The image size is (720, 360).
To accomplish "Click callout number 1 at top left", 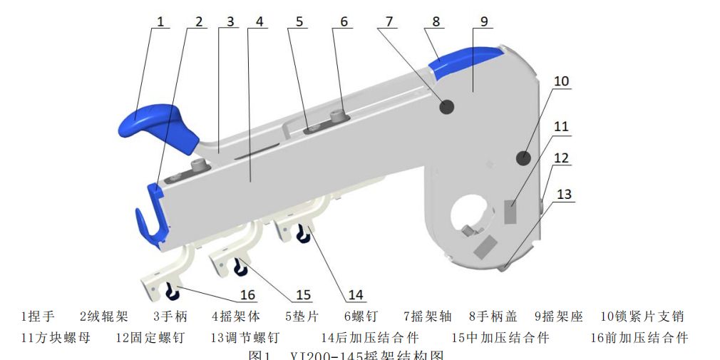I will (160, 21).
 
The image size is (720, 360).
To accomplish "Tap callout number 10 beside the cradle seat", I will (562, 81).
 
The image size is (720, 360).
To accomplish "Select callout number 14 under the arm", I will (354, 294).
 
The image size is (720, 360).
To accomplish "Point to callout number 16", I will (247, 294).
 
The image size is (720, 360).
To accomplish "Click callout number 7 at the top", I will (389, 21).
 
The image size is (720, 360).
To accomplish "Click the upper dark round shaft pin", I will (447, 107).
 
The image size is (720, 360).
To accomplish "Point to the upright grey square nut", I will (511, 212).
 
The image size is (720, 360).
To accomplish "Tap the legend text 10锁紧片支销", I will (643, 317).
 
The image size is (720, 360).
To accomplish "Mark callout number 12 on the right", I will (562, 158).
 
